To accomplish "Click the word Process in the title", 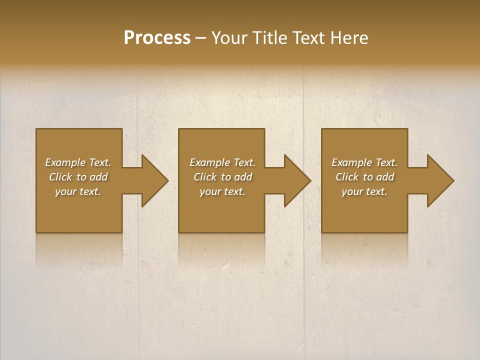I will click(157, 38).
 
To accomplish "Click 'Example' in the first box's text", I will click(65, 162).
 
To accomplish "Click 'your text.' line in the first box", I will click(78, 191).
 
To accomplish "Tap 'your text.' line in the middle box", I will click(222, 191).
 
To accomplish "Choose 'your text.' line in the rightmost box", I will click(364, 191).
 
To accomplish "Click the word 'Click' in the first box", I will click(60, 177).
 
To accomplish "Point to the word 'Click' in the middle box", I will click(204, 177).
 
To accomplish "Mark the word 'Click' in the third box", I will click(346, 177).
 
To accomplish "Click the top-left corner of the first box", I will click(37, 129).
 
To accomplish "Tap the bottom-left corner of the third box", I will click(322, 231).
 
